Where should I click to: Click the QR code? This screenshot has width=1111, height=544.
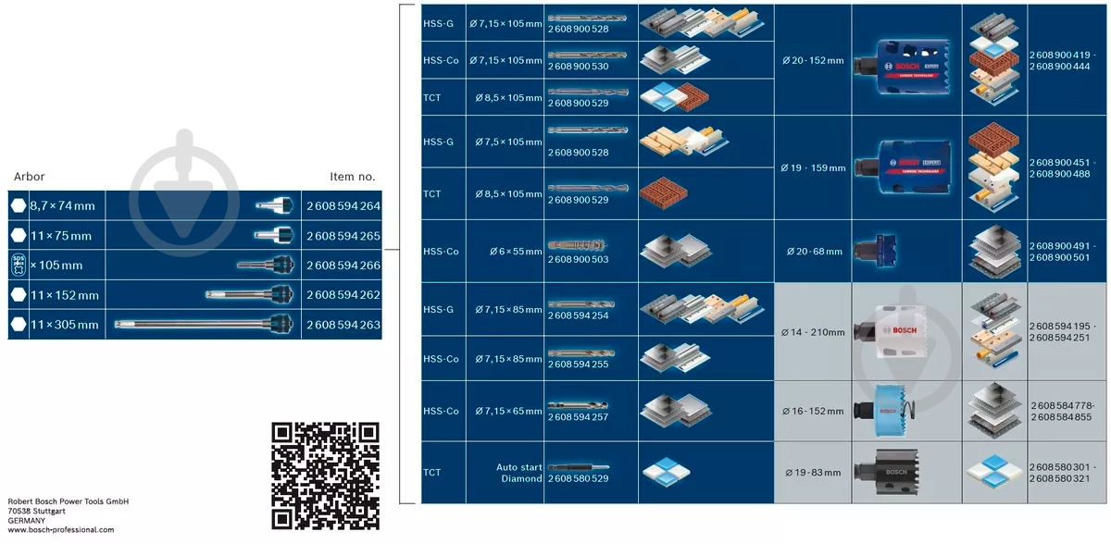[x=325, y=476]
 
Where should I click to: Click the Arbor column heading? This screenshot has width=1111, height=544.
[x=30, y=177]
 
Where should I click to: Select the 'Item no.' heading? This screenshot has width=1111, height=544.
[x=353, y=177]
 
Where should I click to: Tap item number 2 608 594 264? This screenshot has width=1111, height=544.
[x=343, y=205]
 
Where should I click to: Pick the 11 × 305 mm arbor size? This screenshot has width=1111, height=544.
[x=65, y=325]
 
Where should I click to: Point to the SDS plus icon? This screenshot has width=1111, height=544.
[x=19, y=266]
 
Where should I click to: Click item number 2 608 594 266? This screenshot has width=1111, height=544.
[x=343, y=266]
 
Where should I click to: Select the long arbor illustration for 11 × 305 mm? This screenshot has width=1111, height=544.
[x=204, y=324]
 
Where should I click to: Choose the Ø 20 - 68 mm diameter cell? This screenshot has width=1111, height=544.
[x=814, y=252]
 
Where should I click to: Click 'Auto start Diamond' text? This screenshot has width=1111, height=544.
[x=518, y=473]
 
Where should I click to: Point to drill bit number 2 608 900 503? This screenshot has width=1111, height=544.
[x=578, y=259]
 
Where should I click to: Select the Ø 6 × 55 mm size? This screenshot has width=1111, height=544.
[x=516, y=252]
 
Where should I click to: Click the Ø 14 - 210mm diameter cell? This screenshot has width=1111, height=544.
[x=813, y=332]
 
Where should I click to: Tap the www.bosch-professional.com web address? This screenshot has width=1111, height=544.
[x=61, y=529]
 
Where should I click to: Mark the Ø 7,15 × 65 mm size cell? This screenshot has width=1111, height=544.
[x=508, y=411]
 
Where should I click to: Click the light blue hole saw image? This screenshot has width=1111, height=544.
[x=885, y=411]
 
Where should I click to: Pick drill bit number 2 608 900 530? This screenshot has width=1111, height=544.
[x=578, y=67]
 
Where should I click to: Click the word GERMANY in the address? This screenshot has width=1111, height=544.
[x=26, y=520]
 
